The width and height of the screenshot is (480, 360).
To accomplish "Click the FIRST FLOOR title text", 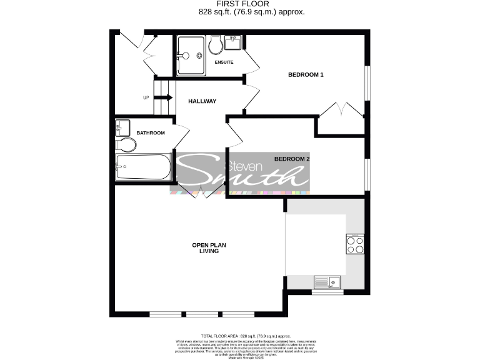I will coord(239,4).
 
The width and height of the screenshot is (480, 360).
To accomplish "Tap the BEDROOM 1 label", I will coord(306,75).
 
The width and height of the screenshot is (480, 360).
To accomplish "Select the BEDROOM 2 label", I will coord(292,159).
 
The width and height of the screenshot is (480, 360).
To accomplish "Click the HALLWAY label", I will coord(202,101).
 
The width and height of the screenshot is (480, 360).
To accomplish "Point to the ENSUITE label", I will coord(224,62).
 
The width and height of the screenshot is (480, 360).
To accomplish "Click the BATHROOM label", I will coord(151,132).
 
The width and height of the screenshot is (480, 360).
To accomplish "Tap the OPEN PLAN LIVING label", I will coord(205,247).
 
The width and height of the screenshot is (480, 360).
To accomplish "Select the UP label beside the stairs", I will coord(146,98).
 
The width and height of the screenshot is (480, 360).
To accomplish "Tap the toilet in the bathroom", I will coord(126,145).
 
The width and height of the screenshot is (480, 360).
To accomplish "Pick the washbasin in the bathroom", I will coord(122,129).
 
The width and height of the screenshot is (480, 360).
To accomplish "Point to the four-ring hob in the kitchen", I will coord(355,244).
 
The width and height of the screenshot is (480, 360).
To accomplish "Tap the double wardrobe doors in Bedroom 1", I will coord(341,110).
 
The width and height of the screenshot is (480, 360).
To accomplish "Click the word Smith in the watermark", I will coord(244,179).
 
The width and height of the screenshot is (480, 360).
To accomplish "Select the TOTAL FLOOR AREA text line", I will coord(239,336).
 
